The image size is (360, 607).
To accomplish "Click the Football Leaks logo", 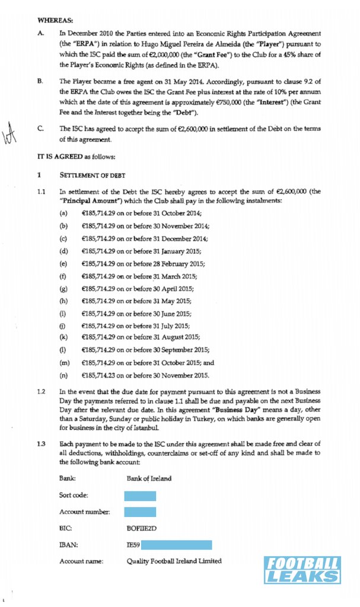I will (x=302, y=570).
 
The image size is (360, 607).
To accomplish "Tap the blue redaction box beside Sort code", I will (x=140, y=496).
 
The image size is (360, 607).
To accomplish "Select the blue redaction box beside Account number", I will (x=140, y=512).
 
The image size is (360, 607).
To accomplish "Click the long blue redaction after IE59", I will (x=176, y=545).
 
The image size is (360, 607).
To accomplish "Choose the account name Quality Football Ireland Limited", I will (x=174, y=561).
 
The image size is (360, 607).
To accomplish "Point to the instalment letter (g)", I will (x=63, y=289).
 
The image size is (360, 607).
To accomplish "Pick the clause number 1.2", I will (x=41, y=392).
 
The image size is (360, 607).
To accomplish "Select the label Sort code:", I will (x=74, y=496).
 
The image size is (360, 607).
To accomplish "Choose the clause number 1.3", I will (x=41, y=444).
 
